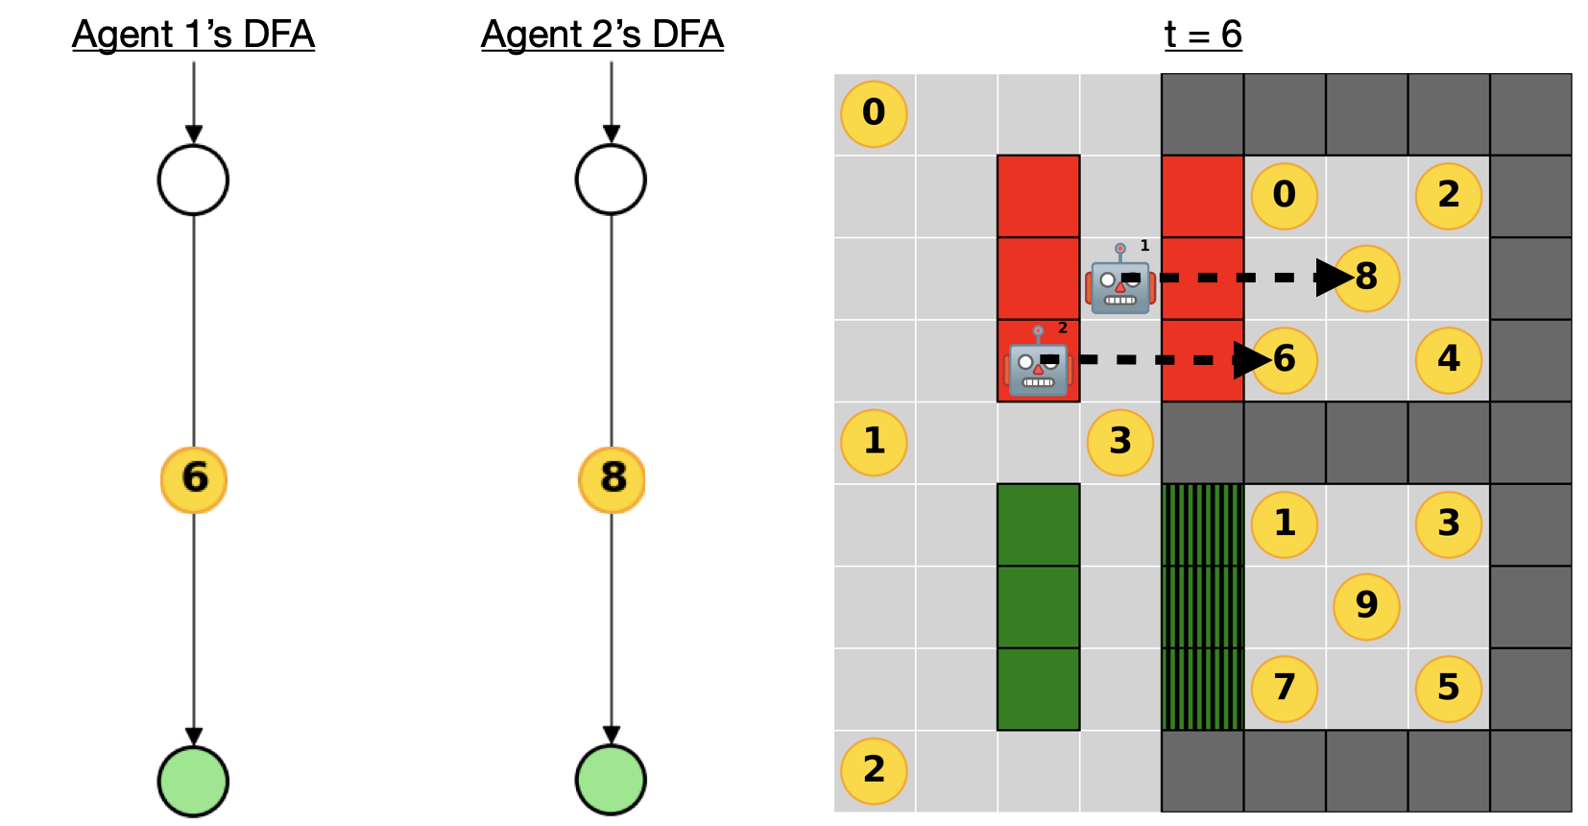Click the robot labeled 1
1120,280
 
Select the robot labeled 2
1038,363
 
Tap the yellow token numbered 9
1366,606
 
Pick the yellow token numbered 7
1285,688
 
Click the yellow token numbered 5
1449,688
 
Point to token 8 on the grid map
1367,278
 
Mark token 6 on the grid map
1285,360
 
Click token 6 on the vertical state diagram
194,478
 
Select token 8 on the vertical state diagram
612,478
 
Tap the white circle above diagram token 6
193,180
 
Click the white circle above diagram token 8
611,180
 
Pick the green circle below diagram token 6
193,781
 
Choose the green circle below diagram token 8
611,780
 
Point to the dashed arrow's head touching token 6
1252,360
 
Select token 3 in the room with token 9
1449,524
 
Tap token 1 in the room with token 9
1285,524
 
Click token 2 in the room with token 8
1449,196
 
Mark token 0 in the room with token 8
1285,196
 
